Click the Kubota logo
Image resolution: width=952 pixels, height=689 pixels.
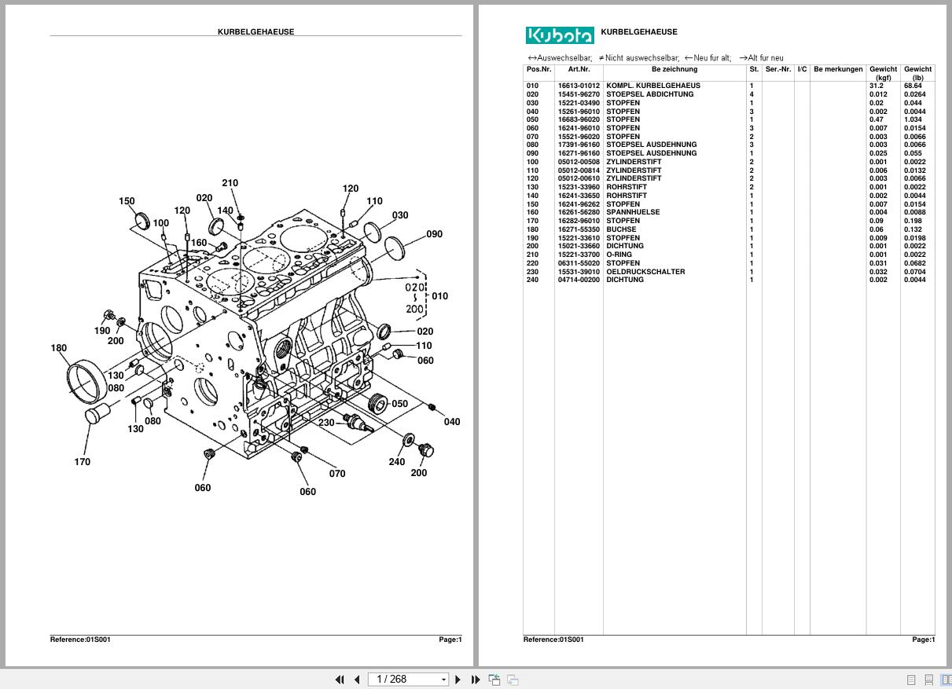pos(560,35)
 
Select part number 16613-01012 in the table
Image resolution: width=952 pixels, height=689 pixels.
pos(579,86)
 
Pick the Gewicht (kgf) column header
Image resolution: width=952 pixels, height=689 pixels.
pos(883,73)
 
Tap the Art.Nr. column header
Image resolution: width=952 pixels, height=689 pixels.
pos(579,69)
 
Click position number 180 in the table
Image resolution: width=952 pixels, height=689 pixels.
pos(533,229)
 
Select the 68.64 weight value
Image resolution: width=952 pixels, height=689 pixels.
pos(913,86)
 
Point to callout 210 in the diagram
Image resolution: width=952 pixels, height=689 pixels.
pos(230,183)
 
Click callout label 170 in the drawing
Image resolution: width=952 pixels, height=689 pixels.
pos(82,462)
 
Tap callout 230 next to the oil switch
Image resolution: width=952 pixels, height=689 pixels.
pos(326,423)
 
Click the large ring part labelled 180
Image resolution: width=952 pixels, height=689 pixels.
pos(86,380)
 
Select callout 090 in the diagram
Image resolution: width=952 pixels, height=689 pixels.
pos(434,234)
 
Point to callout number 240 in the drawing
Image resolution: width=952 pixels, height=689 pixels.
pos(396,462)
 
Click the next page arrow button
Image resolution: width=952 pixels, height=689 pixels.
pos(458,680)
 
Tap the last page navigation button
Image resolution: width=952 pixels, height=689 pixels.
pos(475,680)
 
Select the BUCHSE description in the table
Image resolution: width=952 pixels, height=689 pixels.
pos(622,229)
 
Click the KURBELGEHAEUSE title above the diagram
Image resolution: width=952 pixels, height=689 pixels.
pos(256,32)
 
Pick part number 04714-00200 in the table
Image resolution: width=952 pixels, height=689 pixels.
pos(579,280)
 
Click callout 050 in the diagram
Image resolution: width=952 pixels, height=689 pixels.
pos(399,404)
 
